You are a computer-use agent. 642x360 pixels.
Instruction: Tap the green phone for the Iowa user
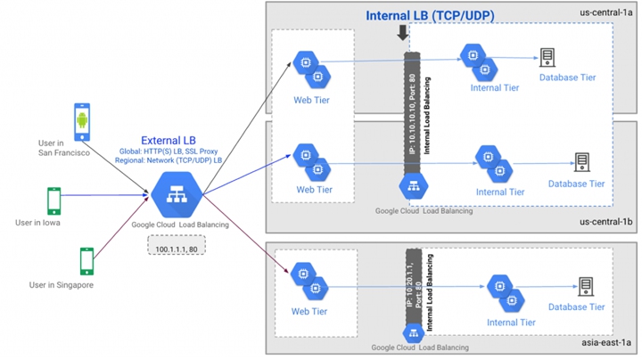click(53, 201)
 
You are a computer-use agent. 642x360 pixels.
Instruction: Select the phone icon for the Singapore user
click(86, 260)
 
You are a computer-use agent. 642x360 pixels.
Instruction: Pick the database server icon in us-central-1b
click(582, 162)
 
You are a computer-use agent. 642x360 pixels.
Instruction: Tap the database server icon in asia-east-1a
click(586, 287)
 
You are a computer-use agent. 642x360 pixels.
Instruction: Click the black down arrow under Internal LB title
click(403, 34)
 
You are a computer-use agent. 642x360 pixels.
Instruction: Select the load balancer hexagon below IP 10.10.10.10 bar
click(412, 185)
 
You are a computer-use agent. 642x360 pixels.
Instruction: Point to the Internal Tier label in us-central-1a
click(494, 88)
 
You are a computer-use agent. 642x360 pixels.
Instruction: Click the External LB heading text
click(170, 141)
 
